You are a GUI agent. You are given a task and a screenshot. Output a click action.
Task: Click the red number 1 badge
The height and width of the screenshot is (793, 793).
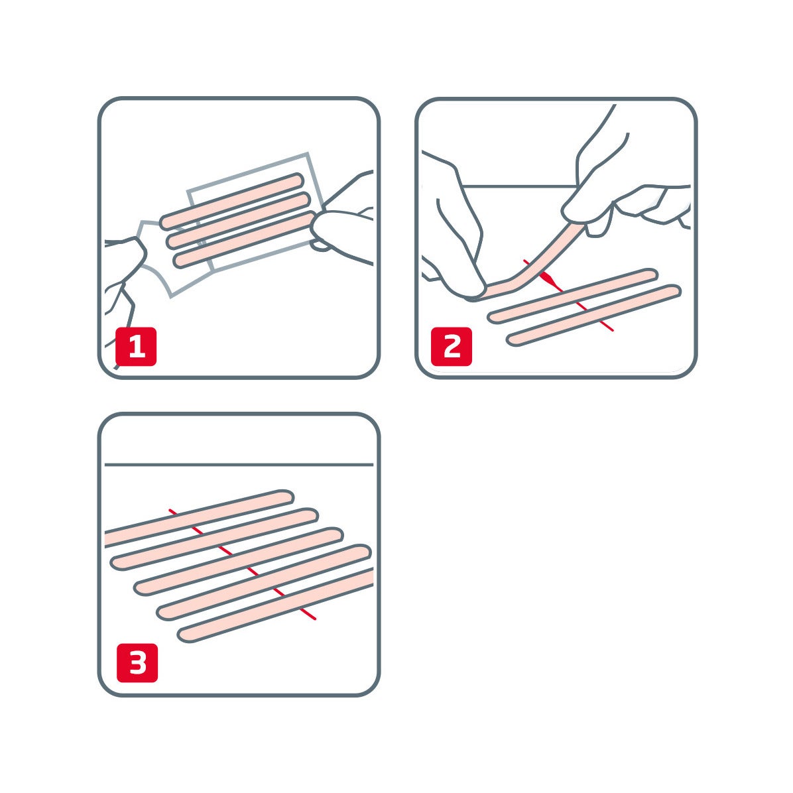coord(136,346)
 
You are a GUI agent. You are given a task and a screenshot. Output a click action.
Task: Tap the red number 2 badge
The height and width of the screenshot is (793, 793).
coord(452,346)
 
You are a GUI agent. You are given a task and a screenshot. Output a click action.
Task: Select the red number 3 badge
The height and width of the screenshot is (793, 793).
coord(137,662)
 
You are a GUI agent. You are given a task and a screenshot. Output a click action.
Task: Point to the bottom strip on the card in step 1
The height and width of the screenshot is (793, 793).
coord(242,239)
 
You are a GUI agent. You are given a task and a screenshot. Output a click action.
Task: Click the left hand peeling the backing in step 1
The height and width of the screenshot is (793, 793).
coord(123,265)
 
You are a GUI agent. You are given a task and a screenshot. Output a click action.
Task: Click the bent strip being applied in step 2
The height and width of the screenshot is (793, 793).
coord(530,265)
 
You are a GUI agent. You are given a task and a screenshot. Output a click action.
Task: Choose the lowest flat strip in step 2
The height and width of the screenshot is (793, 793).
coord(593,315)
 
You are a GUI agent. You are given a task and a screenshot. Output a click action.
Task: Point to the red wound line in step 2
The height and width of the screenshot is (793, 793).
coord(597,318)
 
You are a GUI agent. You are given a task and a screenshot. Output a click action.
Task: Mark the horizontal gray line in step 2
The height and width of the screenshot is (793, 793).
coord(517,186)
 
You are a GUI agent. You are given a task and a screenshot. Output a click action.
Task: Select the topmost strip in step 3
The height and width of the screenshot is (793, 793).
coord(199,514)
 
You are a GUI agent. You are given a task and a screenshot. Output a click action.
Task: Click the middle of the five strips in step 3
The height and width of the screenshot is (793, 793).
coord(239,561)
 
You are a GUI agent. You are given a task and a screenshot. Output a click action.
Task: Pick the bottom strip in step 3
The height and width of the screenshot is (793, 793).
coord(278,605)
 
